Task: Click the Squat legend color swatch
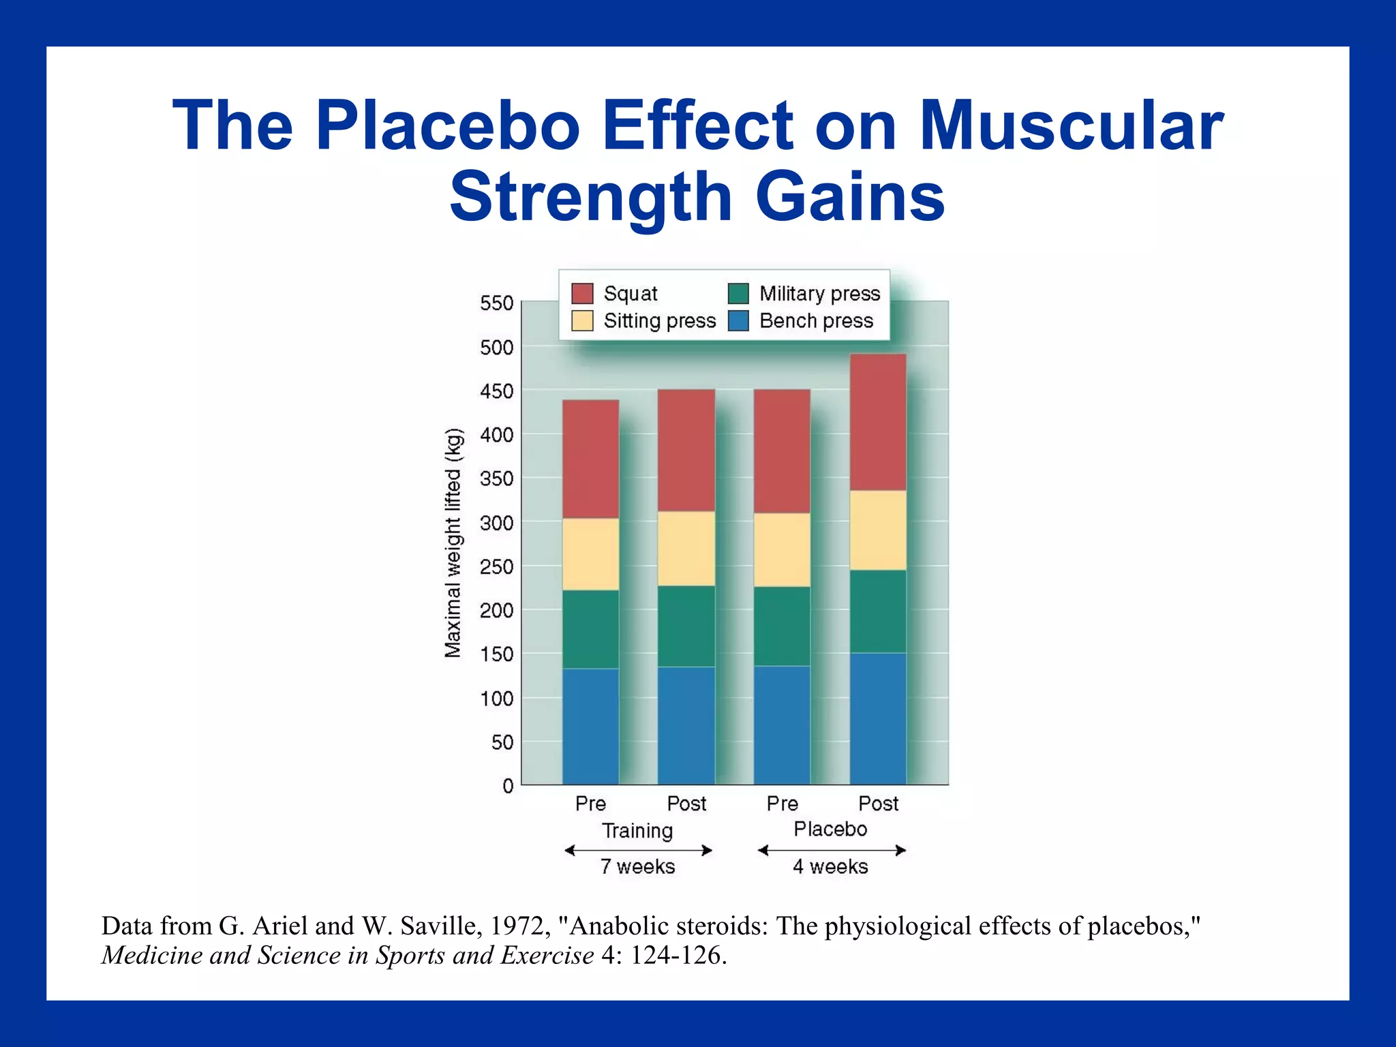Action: pos(582,294)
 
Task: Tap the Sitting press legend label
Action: pos(659,321)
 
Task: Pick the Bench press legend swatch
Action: pos(738,321)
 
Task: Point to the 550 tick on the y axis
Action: pos(496,303)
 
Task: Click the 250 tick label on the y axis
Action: pos(496,567)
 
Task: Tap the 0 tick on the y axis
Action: pos(508,787)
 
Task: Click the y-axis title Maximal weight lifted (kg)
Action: pos(453,543)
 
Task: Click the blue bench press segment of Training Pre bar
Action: pos(590,726)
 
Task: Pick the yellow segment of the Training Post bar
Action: pos(686,548)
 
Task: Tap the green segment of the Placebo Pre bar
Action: pos(782,626)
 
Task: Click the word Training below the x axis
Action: pos(637,831)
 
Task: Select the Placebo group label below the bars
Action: pos(830,830)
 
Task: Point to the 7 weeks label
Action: pos(637,867)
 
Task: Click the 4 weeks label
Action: pos(830,867)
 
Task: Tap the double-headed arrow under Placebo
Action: pos(832,850)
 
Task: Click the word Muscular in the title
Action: pos(1071,125)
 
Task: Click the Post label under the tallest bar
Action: pos(878,804)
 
